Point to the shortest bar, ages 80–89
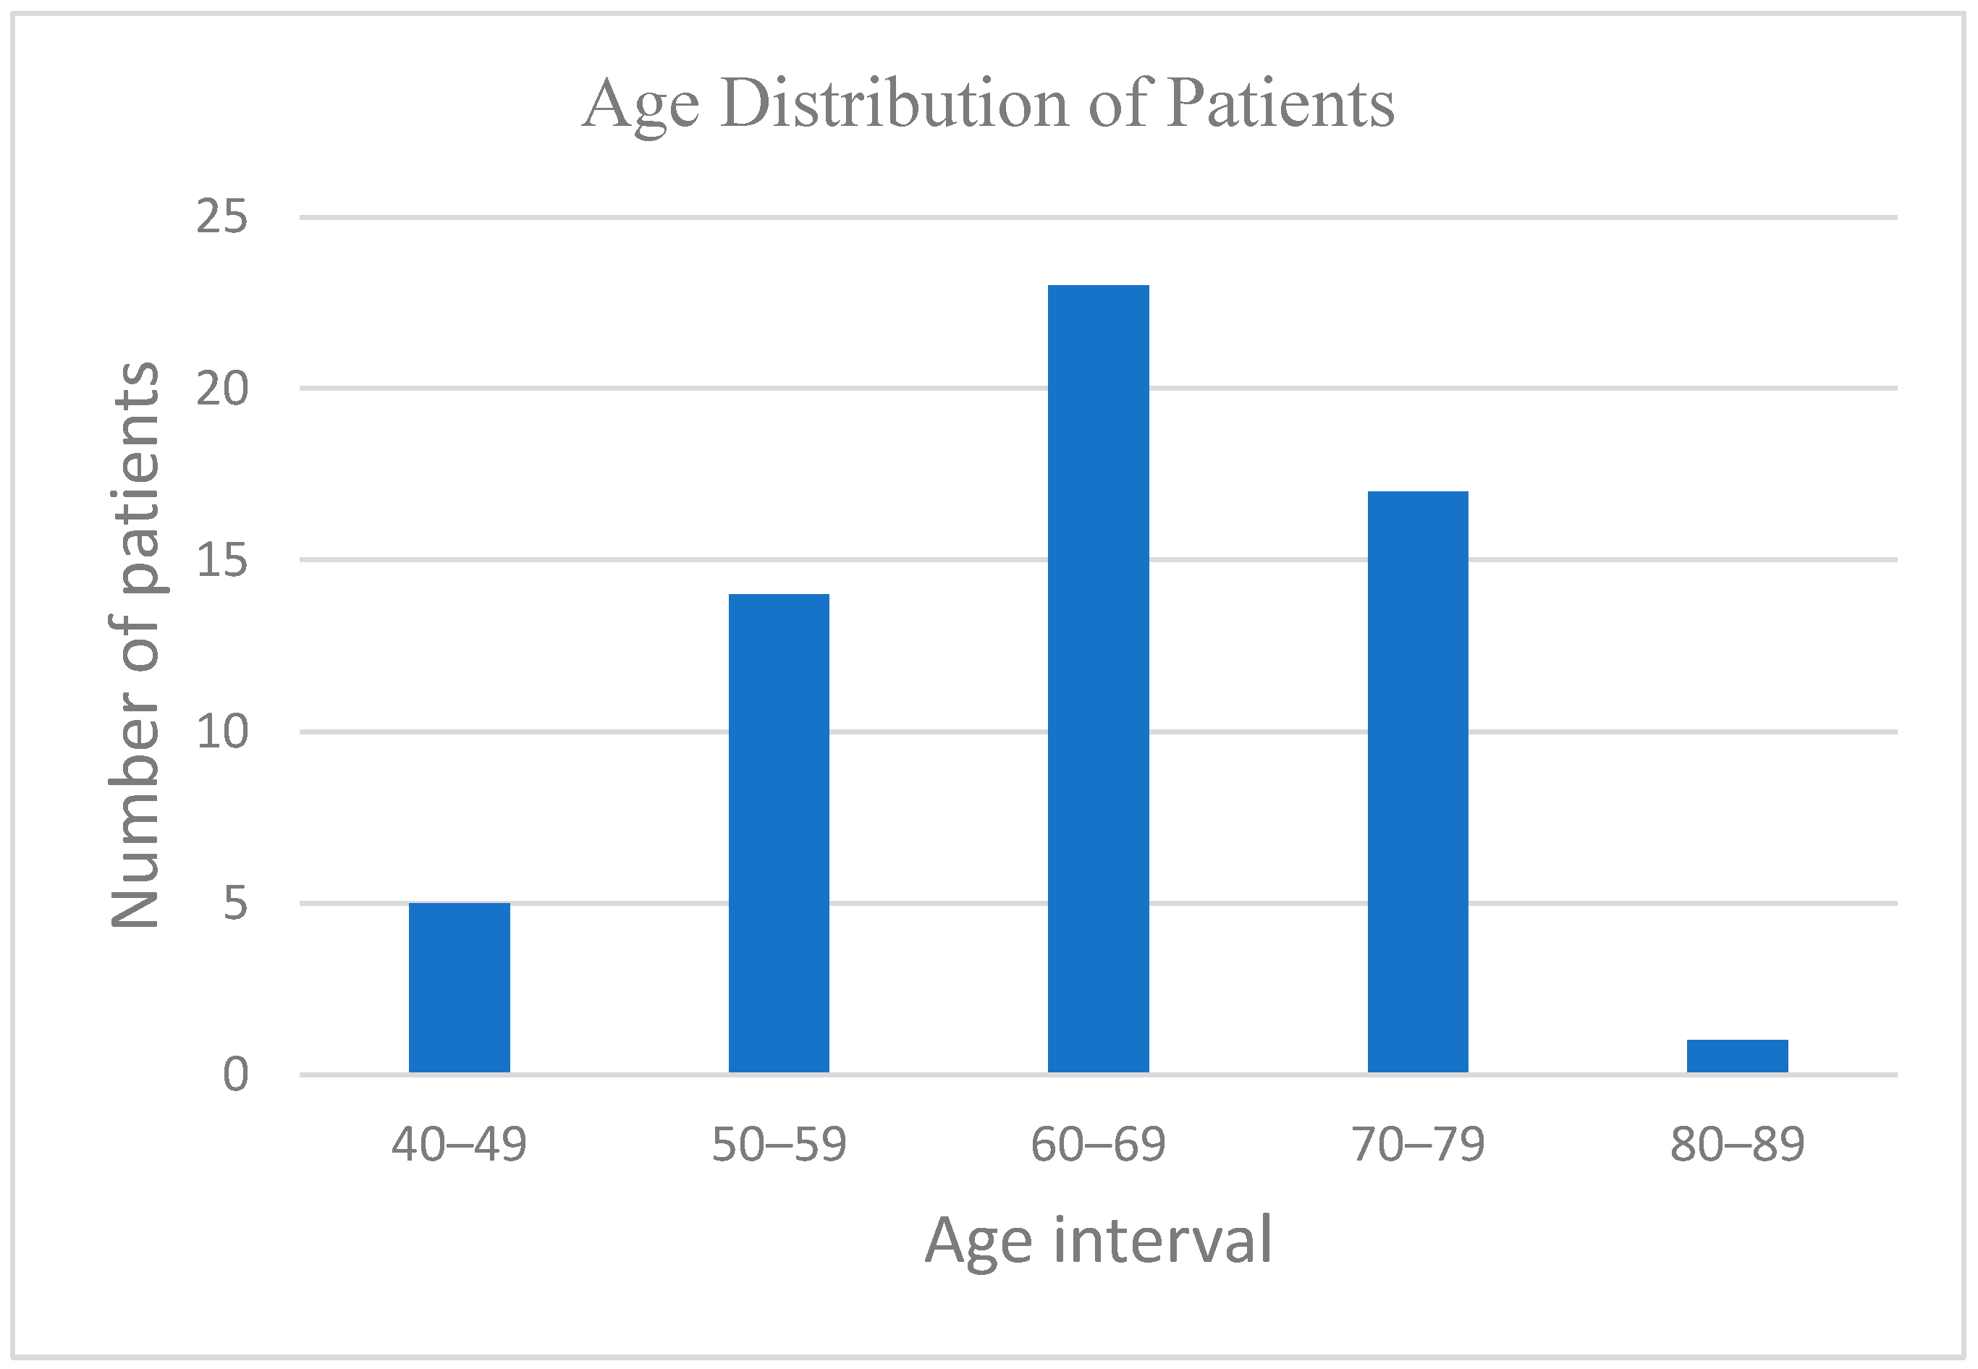point(1737,1056)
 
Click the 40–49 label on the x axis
point(459,1144)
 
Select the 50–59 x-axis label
point(779,1144)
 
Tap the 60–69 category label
point(1098,1144)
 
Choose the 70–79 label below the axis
point(1418,1144)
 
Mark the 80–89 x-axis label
point(1737,1144)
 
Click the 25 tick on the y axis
point(221,216)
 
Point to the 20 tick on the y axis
point(221,389)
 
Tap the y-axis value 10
point(221,732)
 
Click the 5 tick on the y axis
point(235,903)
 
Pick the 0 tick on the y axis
point(235,1074)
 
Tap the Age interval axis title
point(1098,1241)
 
